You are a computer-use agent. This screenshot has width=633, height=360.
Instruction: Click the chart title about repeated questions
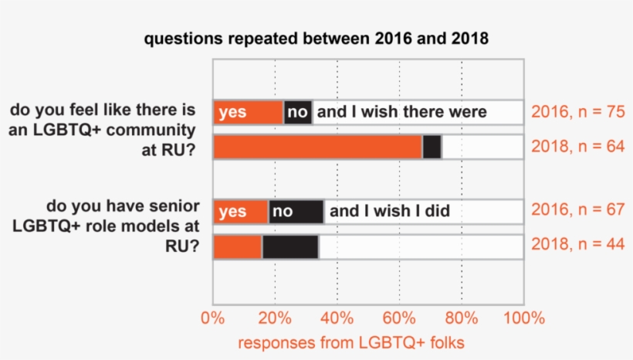click(316, 39)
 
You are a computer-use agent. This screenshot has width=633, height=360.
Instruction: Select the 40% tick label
click(337, 318)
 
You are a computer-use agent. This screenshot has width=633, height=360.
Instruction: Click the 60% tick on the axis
click(399, 318)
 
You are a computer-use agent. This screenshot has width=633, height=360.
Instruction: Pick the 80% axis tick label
click(461, 318)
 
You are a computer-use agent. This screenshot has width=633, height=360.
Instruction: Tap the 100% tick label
click(523, 318)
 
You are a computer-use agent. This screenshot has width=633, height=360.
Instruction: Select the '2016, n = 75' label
click(577, 113)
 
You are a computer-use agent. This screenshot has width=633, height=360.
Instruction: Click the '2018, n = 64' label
click(577, 147)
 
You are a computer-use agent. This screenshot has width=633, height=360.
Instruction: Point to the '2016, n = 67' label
click(577, 212)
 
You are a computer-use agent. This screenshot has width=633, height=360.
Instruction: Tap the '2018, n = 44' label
click(577, 246)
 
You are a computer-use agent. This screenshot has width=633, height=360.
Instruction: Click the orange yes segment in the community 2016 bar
click(248, 113)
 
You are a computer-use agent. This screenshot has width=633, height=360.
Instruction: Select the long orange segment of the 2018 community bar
click(317, 147)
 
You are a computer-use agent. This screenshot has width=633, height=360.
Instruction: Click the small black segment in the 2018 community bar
click(432, 147)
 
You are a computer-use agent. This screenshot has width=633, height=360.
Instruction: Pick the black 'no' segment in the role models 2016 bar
click(296, 212)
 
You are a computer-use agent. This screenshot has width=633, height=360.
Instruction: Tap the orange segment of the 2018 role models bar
click(238, 246)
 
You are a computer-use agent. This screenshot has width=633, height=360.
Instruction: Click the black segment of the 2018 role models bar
click(290, 246)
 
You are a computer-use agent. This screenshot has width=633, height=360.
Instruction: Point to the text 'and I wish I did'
click(390, 211)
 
